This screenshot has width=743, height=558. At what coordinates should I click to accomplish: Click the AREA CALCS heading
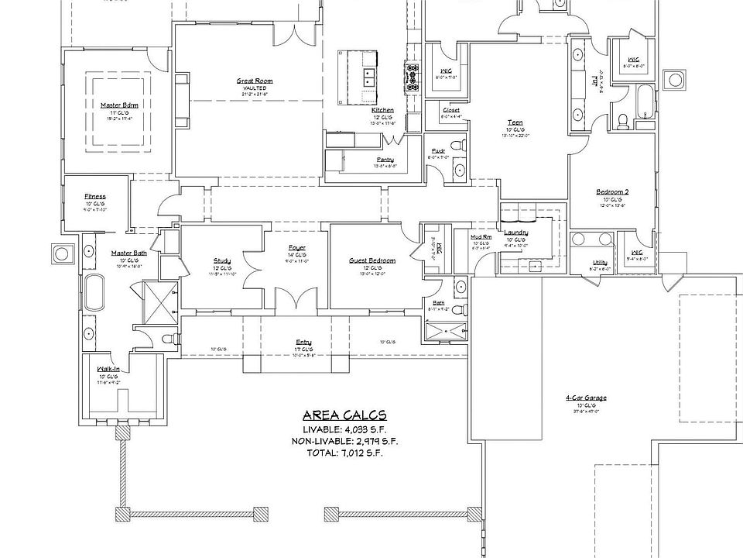coord(344,415)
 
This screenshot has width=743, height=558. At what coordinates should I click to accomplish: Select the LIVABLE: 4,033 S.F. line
coord(344,429)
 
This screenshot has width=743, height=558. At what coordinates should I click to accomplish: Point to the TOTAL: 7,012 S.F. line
coord(344,453)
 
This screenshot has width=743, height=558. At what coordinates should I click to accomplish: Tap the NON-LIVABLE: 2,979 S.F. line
coord(344,441)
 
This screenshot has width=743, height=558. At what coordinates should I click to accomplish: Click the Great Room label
coord(254,81)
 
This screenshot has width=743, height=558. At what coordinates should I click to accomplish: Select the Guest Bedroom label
coord(371,260)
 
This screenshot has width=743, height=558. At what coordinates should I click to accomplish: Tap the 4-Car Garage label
coord(585,398)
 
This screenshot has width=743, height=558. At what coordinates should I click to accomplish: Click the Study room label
coord(222,260)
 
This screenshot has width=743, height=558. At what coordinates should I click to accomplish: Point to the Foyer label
coord(297,248)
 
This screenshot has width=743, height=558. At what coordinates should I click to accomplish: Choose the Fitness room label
coord(95,196)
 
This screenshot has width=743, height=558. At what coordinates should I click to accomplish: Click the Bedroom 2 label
coord(611,192)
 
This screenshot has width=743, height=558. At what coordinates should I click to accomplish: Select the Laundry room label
coord(515,232)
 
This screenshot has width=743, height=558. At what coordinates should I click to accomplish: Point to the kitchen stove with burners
coord(409,74)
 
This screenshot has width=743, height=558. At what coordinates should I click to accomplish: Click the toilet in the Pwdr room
coord(457,145)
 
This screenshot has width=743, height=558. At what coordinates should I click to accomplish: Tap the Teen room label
coord(515,122)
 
